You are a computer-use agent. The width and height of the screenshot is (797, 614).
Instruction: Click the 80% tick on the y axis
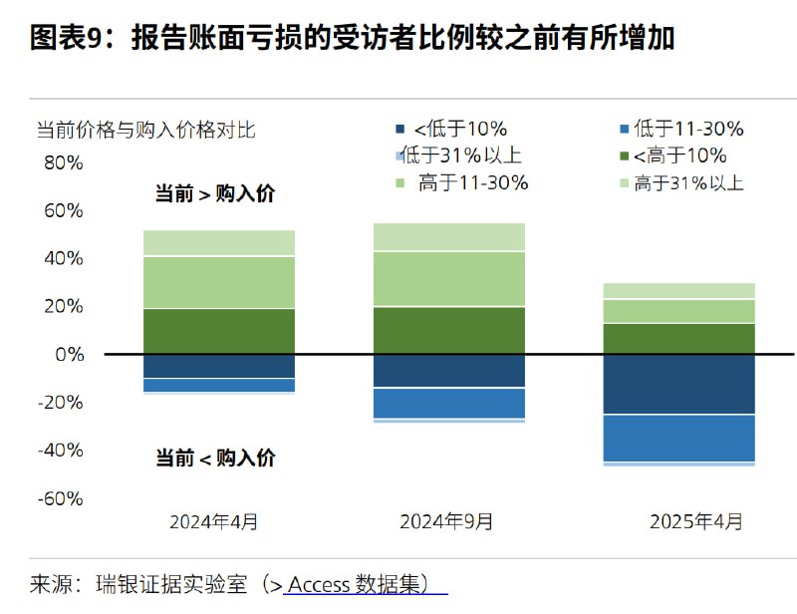(63, 162)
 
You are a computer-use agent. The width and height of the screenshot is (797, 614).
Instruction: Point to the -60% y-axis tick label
(61, 498)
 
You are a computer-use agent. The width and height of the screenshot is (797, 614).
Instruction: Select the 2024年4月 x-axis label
(214, 521)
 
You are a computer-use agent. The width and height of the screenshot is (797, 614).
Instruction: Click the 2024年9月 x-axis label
(446, 521)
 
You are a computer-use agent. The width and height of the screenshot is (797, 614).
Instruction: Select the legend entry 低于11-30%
(688, 129)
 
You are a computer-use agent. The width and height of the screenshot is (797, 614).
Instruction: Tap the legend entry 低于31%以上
(464, 155)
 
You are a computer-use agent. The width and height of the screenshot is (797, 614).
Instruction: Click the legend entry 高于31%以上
(688, 182)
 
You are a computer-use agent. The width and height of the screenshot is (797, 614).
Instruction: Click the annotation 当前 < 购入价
(215, 459)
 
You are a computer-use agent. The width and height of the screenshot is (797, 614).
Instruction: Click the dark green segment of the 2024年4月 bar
(219, 331)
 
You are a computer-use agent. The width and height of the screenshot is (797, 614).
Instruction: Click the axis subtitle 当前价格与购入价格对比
(146, 130)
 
